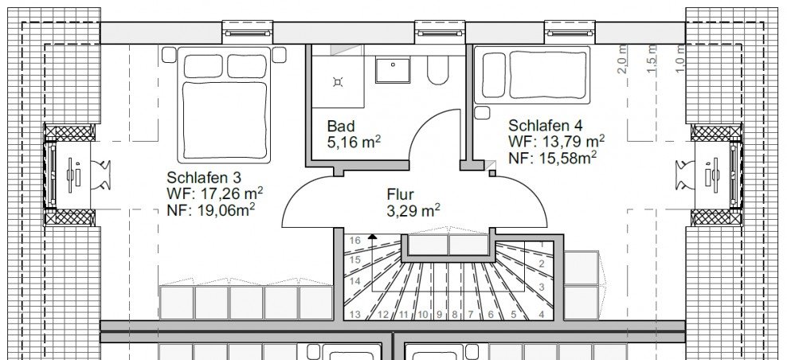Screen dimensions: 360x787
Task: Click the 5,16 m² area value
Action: (354, 143)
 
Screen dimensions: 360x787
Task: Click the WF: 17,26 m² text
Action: (215, 193)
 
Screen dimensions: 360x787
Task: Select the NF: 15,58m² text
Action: (554, 158)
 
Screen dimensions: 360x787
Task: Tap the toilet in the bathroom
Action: (437, 72)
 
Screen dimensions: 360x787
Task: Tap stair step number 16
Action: (354, 240)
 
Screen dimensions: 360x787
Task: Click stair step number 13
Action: (354, 314)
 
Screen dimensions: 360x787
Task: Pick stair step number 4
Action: (542, 314)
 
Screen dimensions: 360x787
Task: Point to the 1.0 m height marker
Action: (679, 60)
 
